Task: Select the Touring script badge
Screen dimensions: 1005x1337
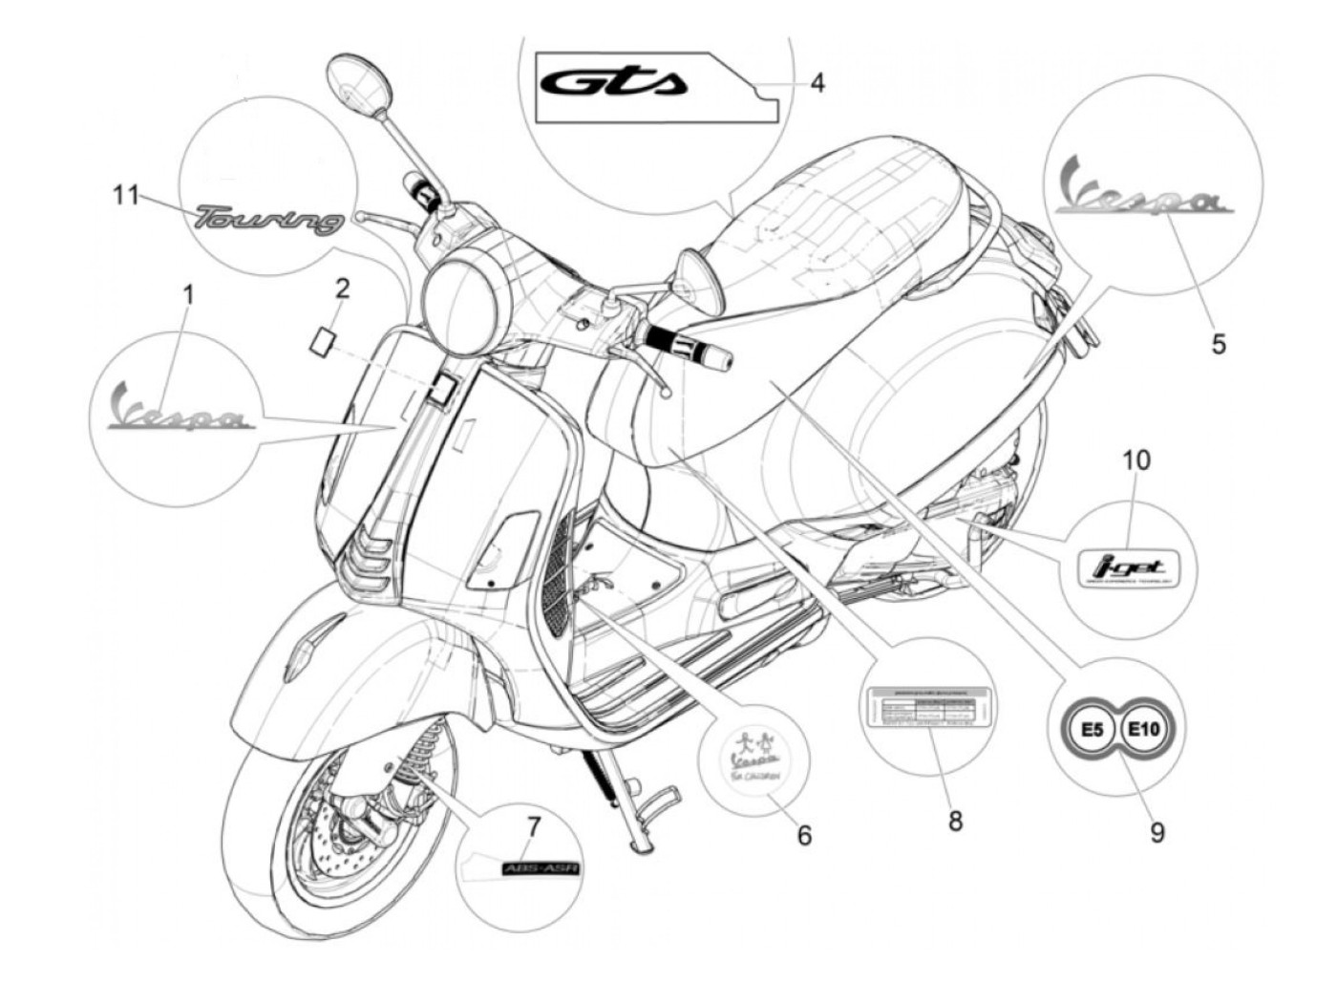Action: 269,220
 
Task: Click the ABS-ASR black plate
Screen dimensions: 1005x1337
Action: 541,868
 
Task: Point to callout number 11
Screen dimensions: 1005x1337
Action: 126,196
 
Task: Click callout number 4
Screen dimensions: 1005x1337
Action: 817,83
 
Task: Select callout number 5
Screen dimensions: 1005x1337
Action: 1219,343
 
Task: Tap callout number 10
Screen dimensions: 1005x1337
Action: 1135,460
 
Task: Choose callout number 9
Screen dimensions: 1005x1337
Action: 1157,833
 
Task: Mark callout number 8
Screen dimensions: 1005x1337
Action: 955,820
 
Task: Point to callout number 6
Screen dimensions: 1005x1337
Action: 804,835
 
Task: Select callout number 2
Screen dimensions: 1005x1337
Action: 342,288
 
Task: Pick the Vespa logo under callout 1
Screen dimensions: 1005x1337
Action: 180,409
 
